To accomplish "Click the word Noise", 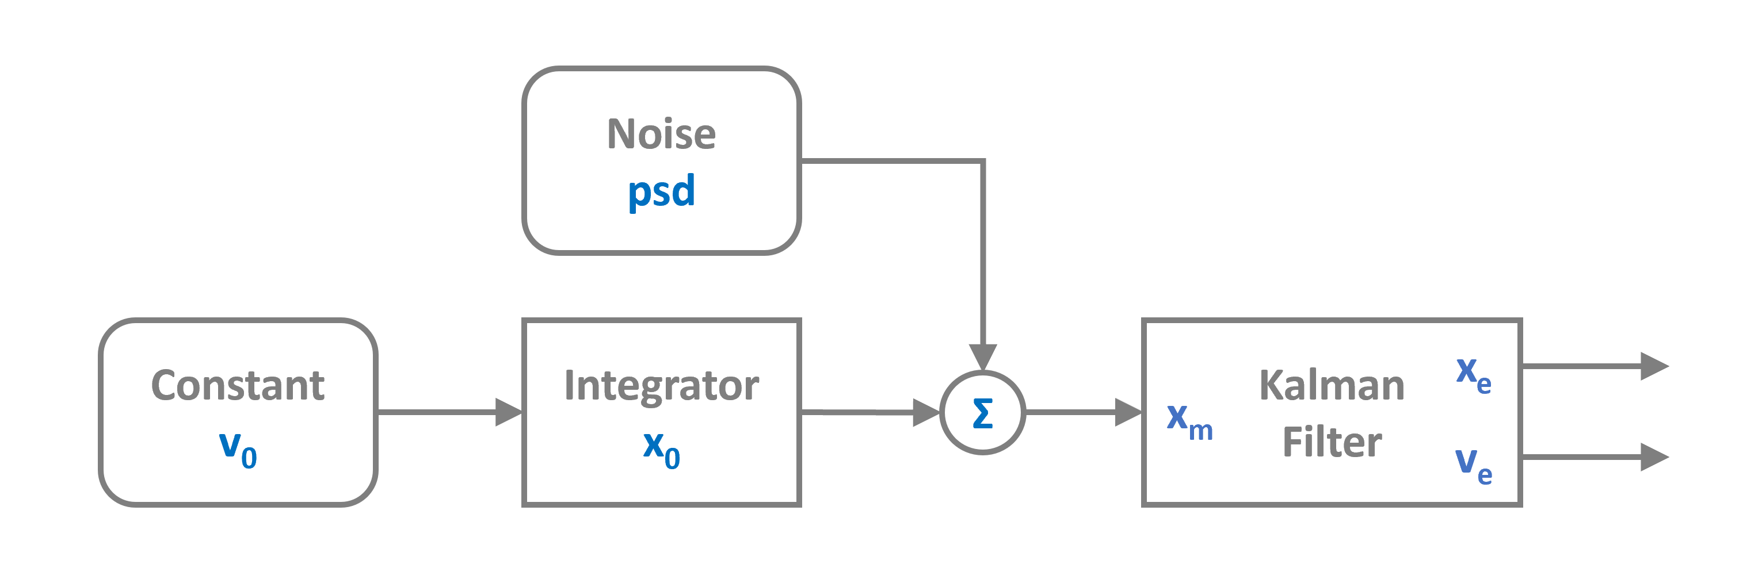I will point(661,134).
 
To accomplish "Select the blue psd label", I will point(661,191).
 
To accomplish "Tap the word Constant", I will point(237,385).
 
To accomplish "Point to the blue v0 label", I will point(237,449).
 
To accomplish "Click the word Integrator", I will point(661,385).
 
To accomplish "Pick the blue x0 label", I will point(661,449).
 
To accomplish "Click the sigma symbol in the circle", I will point(982,413).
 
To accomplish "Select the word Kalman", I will point(1331,385).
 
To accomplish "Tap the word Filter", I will point(1331,442).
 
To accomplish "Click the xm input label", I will point(1189,420).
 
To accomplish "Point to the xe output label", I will point(1473,374).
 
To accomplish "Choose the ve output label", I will point(1473,465).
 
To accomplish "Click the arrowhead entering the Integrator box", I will point(509,413).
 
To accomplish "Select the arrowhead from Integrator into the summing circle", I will point(926,413).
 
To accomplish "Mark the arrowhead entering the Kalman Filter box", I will point(1128,413).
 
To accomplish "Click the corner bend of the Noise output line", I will point(982,162).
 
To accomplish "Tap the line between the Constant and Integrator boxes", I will point(438,413).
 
